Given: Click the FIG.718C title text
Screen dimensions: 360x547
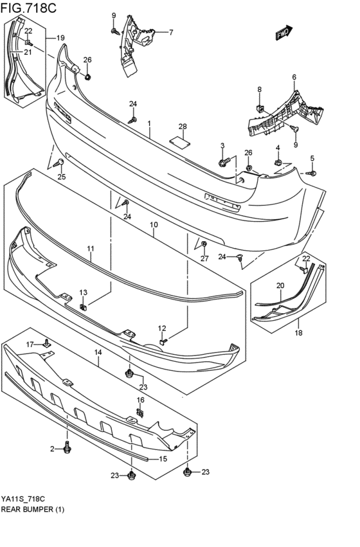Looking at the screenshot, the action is (28, 7).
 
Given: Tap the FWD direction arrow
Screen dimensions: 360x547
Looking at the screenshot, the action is (284, 32).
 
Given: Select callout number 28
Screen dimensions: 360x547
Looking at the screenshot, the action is (183, 127).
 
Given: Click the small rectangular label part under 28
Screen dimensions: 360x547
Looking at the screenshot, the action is (180, 141).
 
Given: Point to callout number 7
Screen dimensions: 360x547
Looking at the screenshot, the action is (171, 32).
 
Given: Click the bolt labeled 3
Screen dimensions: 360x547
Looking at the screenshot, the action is (224, 162).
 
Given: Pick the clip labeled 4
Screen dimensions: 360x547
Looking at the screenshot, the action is (278, 162).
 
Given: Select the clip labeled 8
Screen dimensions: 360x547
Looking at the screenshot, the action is (260, 109).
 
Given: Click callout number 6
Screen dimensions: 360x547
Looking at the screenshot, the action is (294, 77).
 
